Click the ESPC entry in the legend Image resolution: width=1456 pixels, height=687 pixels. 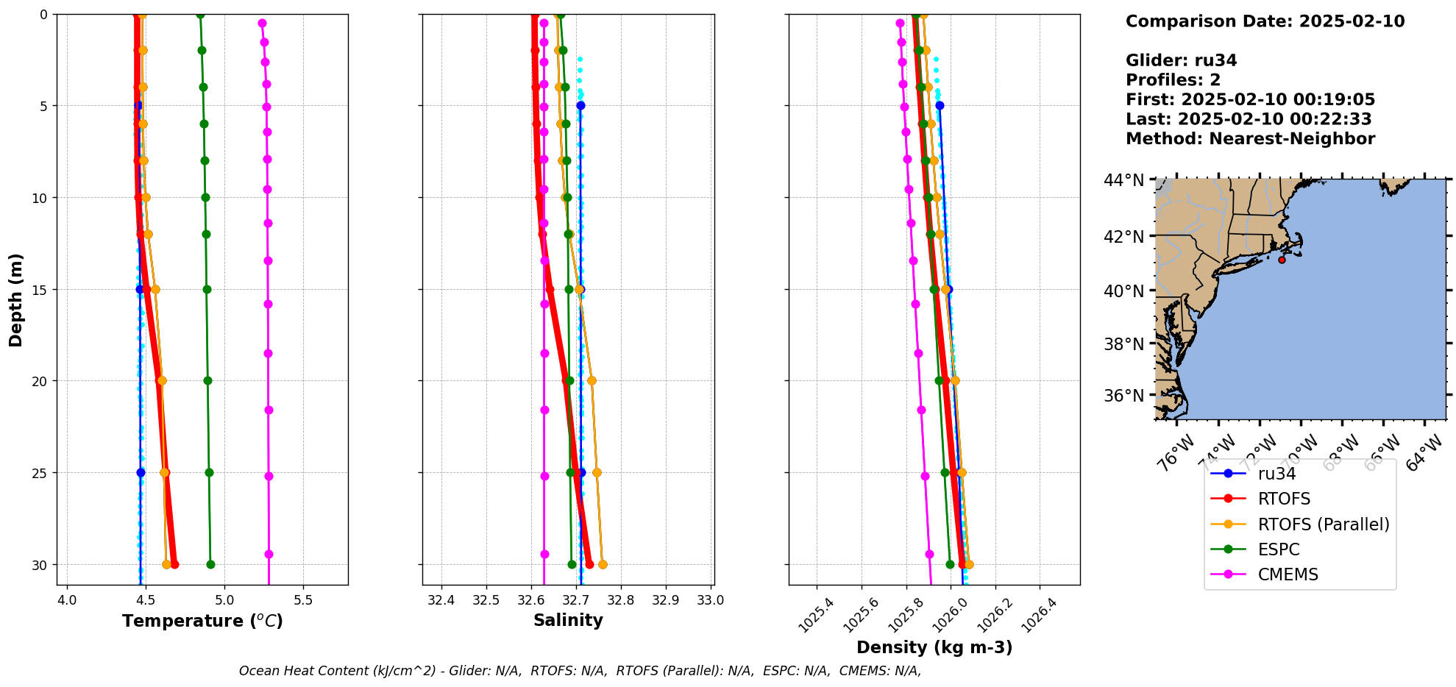pyautogui.click(x=1279, y=549)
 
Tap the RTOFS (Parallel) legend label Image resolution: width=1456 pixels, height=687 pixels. pyautogui.click(x=1324, y=524)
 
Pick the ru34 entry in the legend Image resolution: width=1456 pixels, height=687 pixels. pyautogui.click(x=1276, y=474)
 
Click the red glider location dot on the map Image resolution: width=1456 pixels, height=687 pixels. pyautogui.click(x=1282, y=260)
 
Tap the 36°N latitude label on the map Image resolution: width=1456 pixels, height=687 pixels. pyautogui.click(x=1123, y=396)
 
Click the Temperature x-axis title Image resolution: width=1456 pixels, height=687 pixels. pyautogui.click(x=202, y=621)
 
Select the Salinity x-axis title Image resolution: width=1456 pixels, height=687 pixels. pyautogui.click(x=568, y=620)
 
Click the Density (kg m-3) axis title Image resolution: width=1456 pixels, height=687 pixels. pyautogui.click(x=934, y=647)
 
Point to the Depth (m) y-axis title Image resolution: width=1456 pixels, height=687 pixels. pyautogui.click(x=16, y=300)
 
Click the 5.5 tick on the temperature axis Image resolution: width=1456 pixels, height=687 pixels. pyautogui.click(x=303, y=600)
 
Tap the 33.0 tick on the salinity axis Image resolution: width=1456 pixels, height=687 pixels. pyautogui.click(x=711, y=600)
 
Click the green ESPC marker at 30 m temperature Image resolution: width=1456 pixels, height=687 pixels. pyautogui.click(x=210, y=564)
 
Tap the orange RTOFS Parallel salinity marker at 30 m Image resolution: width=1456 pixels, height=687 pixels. pyautogui.click(x=603, y=564)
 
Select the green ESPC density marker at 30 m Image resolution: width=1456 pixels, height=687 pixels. pyautogui.click(x=950, y=564)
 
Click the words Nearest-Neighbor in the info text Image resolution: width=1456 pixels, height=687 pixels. pyautogui.click(x=1292, y=139)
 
